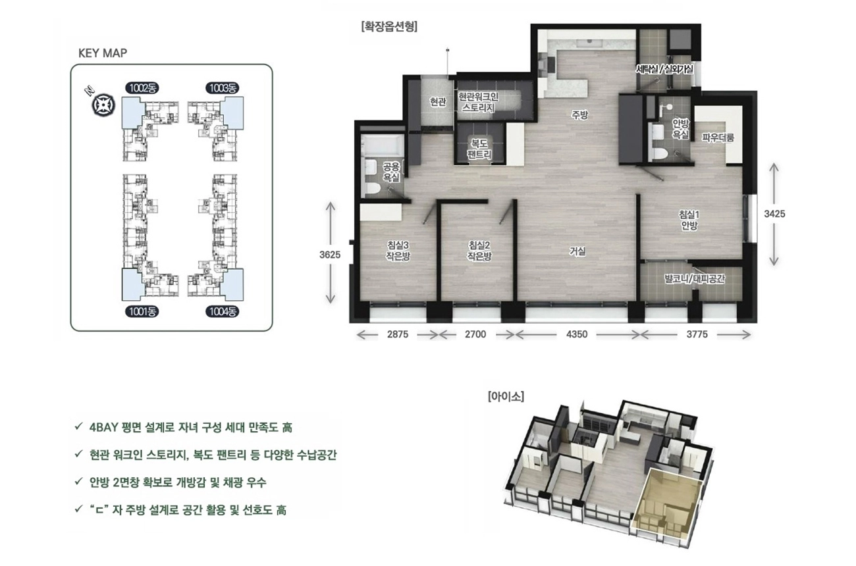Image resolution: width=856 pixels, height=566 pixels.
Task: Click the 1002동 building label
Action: click(142, 88)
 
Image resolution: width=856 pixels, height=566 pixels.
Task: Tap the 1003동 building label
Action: click(223, 88)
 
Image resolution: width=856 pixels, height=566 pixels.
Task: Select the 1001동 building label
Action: click(142, 312)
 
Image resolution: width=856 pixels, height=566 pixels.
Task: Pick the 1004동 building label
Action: click(223, 312)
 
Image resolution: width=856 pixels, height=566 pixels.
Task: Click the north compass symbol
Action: click(103, 105)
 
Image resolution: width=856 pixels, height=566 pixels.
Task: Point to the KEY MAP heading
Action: click(103, 53)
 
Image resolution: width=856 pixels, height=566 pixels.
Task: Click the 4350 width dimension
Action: click(577, 334)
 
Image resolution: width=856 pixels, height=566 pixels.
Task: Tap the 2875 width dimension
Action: click(398, 334)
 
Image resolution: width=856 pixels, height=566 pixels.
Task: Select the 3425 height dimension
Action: click(774, 214)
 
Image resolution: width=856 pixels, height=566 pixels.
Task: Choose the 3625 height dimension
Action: click(330, 254)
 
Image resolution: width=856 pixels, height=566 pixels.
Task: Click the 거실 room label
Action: click(577, 251)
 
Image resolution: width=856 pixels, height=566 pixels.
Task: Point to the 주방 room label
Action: click(579, 115)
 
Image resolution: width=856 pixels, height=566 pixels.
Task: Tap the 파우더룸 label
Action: click(718, 138)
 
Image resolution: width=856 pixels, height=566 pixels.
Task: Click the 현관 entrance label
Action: click(438, 101)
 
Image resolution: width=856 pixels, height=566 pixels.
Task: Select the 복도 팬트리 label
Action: click(479, 149)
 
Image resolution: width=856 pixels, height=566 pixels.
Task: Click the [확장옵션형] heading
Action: click(389, 26)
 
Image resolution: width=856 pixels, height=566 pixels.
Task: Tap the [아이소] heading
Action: click(506, 396)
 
